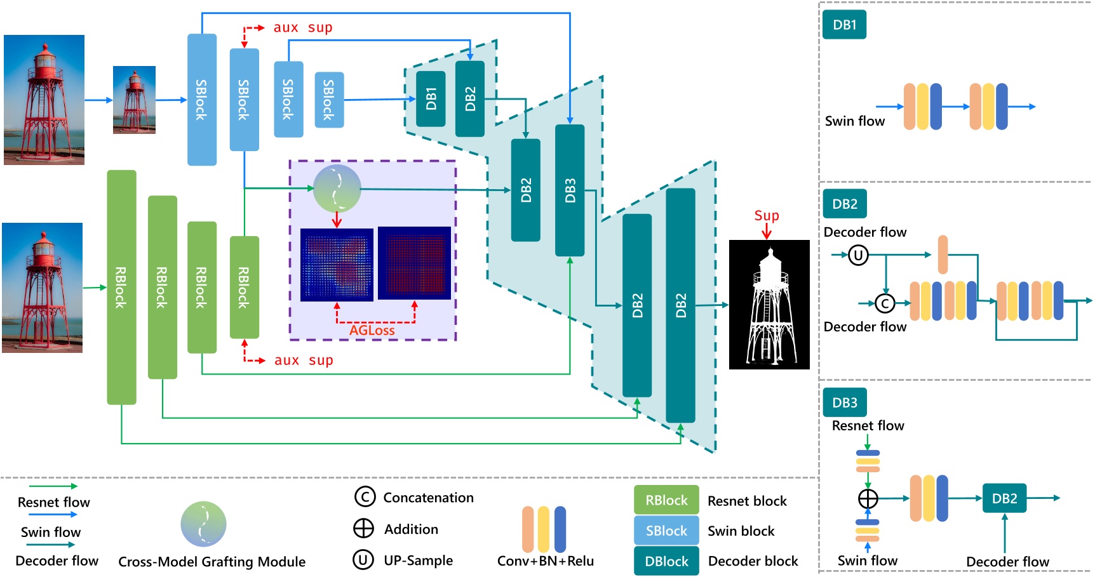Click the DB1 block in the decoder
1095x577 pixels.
click(431, 98)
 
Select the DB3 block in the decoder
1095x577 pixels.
click(570, 190)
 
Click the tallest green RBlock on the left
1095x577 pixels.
click(121, 287)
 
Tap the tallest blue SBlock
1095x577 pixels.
click(201, 100)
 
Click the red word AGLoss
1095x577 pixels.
click(372, 330)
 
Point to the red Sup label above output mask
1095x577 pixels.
click(767, 216)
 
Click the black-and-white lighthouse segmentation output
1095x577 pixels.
click(769, 305)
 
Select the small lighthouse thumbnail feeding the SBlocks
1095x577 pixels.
click(134, 100)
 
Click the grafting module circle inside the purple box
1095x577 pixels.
click(337, 188)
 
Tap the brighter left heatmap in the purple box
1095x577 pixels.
click(337, 264)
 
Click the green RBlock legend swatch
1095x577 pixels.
click(666, 500)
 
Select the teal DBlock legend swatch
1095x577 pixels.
click(666, 561)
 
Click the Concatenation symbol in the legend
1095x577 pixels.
click(365, 496)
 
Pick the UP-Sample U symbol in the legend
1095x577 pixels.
click(363, 560)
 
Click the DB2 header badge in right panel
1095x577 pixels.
click(845, 204)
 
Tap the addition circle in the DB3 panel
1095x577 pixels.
click(868, 498)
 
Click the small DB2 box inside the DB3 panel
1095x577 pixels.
click(1004, 498)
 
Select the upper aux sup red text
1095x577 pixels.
click(303, 28)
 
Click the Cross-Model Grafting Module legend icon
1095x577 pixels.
click(203, 524)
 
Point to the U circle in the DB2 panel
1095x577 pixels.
click(858, 255)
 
